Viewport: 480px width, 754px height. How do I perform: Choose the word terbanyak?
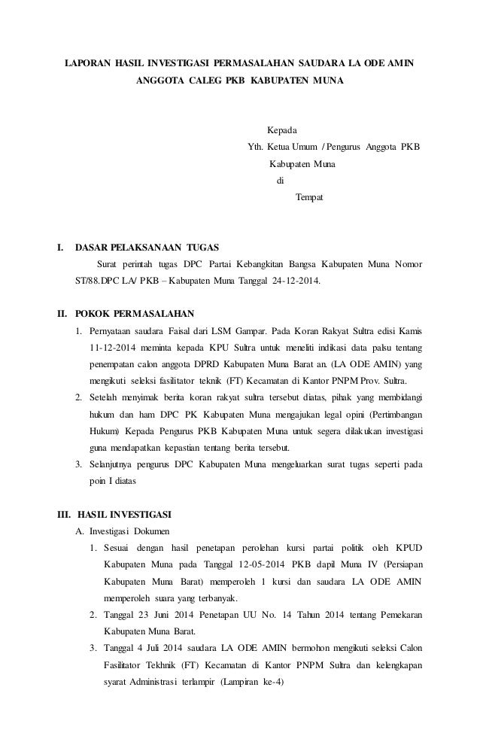pos(216,598)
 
